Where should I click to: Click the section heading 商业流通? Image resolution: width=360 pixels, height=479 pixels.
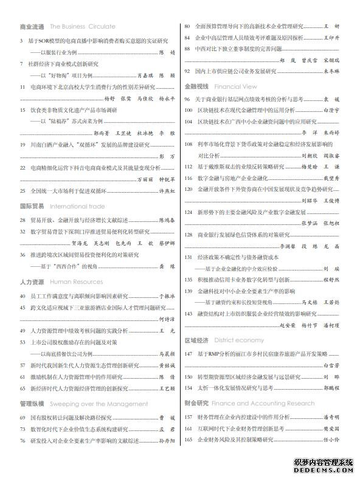32,27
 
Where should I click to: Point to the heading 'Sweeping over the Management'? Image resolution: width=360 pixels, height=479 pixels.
91,403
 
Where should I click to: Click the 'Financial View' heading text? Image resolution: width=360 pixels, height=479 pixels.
235,87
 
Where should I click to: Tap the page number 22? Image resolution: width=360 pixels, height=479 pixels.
22,167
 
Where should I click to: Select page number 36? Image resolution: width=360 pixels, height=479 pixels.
22,255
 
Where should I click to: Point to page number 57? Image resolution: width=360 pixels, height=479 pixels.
22,365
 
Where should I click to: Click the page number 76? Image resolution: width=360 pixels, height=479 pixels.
22,440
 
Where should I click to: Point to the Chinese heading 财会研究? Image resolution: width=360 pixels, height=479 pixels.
196,403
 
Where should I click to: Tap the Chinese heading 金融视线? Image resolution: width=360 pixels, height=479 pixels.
196,87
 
